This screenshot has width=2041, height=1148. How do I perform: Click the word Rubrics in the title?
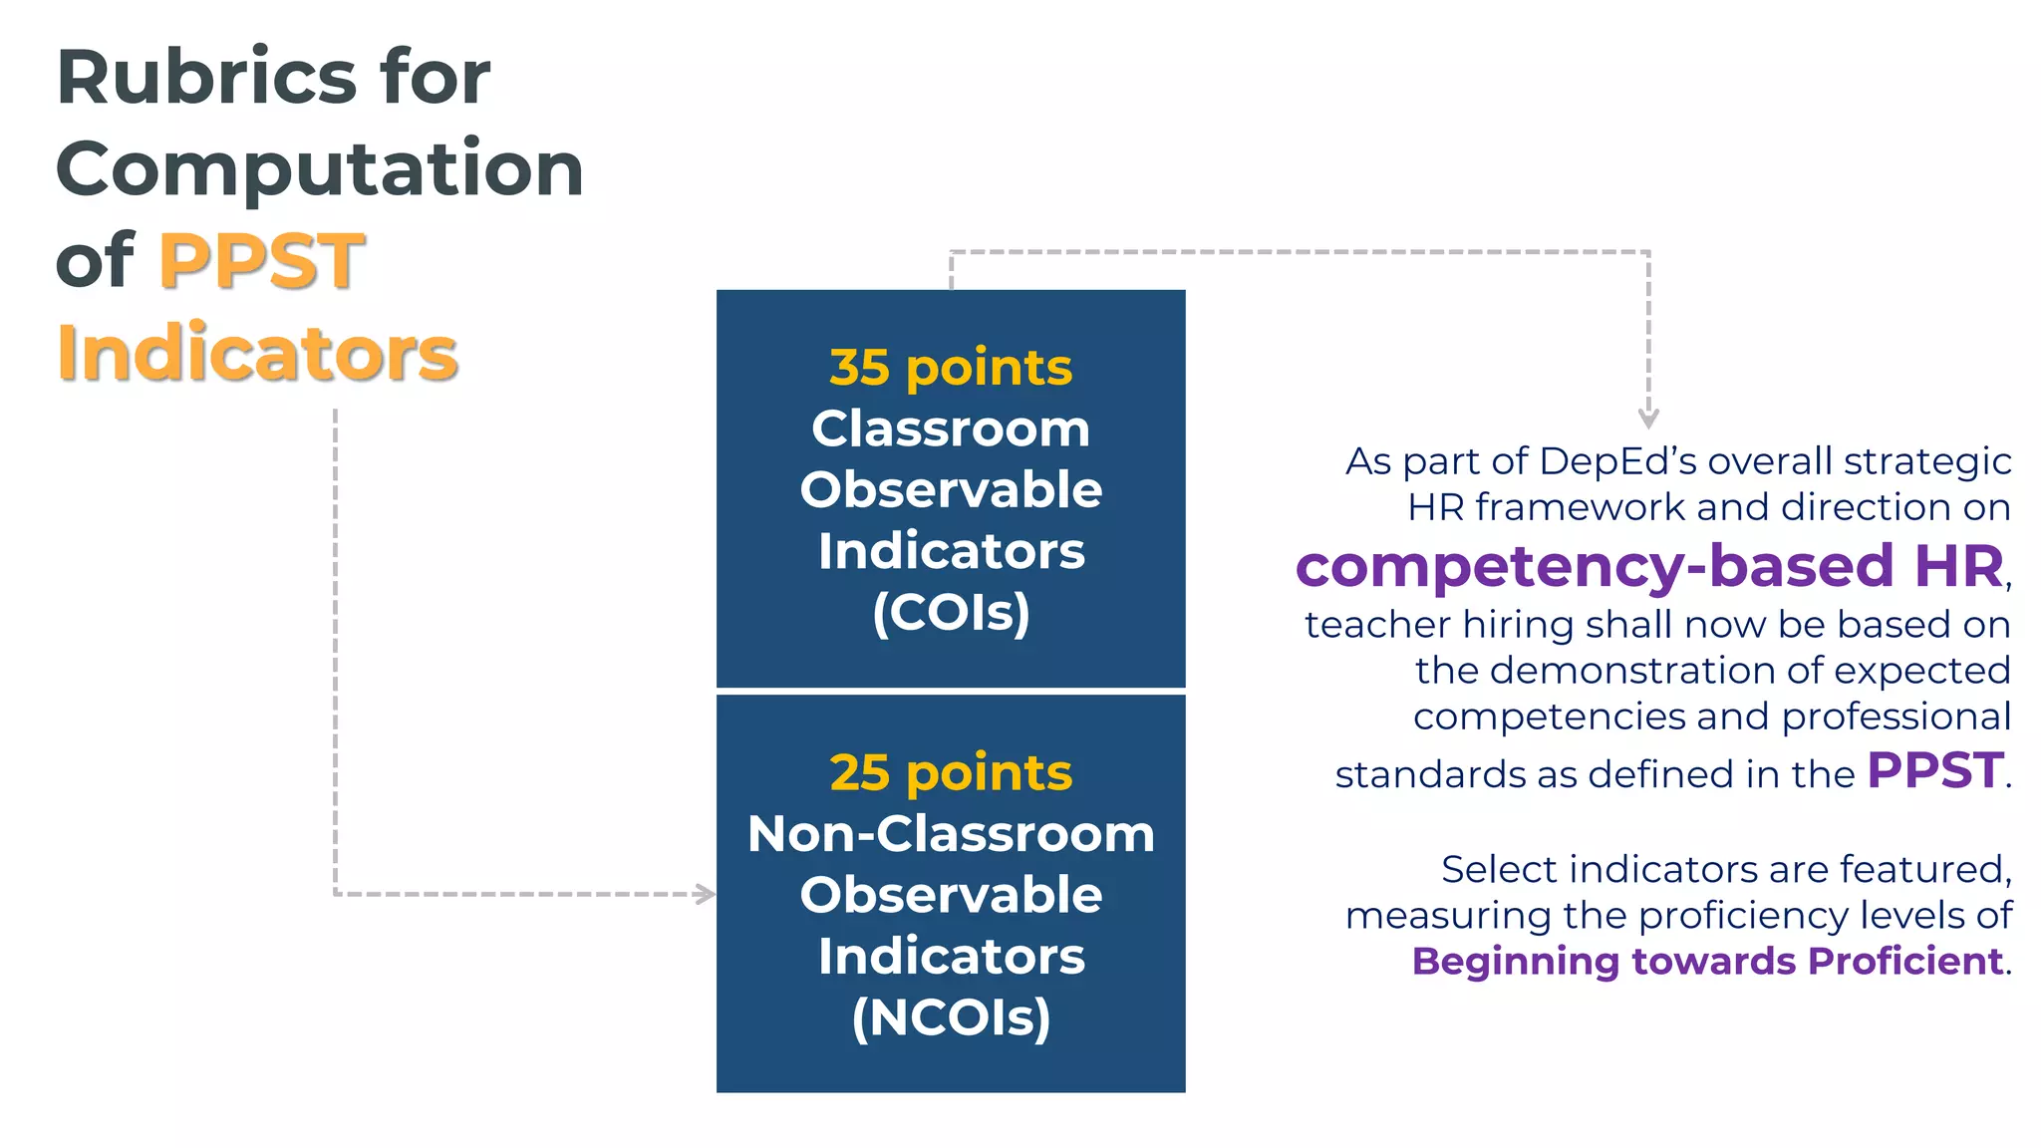click(x=204, y=78)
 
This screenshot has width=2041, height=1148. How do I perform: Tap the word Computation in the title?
click(x=319, y=169)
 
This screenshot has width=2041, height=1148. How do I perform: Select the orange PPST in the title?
click(x=262, y=261)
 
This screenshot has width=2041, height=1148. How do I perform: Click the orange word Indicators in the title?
click(x=257, y=353)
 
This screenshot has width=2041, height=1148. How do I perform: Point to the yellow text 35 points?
click(x=951, y=368)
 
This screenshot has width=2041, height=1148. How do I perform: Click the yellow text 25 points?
click(x=951, y=773)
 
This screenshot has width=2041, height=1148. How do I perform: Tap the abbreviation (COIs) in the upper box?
click(x=951, y=612)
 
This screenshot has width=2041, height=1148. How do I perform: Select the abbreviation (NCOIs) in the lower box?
click(x=951, y=1017)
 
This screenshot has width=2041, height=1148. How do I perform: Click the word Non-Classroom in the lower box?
click(x=951, y=834)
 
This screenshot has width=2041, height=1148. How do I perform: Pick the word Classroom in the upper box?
click(x=951, y=430)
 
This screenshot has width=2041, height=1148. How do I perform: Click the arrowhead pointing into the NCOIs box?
click(x=706, y=894)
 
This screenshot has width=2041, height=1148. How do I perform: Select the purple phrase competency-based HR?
click(x=1648, y=566)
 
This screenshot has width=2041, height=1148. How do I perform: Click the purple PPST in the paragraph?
click(x=1934, y=770)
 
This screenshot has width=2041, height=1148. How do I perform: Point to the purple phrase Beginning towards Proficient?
click(x=1707, y=962)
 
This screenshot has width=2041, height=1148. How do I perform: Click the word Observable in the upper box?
click(x=951, y=490)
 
